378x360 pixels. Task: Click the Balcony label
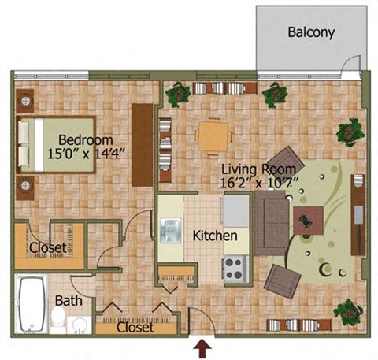311,33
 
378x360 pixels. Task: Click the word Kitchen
215,236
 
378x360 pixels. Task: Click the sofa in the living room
269,221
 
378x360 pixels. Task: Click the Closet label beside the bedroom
31,249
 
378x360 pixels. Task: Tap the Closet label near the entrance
135,328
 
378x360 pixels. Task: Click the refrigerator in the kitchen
235,210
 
